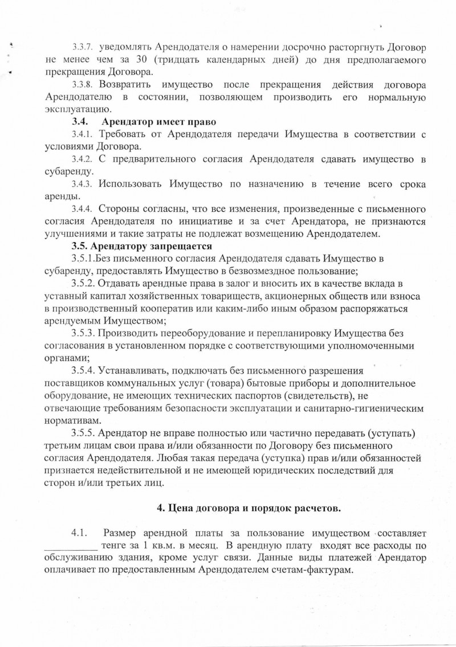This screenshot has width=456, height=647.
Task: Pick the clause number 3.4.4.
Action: [83, 209]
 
